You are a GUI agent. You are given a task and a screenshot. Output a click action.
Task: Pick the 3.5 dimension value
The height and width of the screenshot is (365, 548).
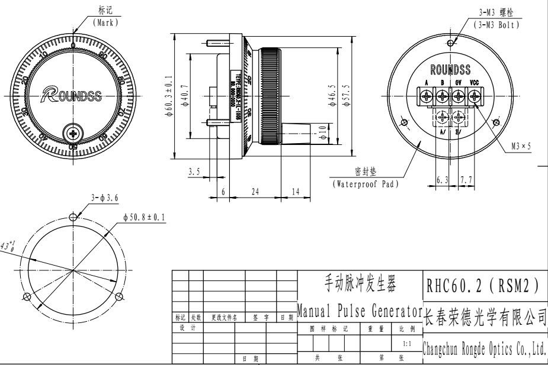194,172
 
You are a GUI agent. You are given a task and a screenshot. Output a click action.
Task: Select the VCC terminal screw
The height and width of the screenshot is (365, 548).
475,96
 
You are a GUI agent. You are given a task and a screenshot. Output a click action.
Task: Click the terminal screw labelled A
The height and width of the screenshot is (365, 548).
426,96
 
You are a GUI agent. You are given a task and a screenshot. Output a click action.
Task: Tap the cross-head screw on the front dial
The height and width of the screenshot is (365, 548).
72,131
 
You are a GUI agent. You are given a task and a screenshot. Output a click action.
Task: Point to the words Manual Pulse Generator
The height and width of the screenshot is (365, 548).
358,309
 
